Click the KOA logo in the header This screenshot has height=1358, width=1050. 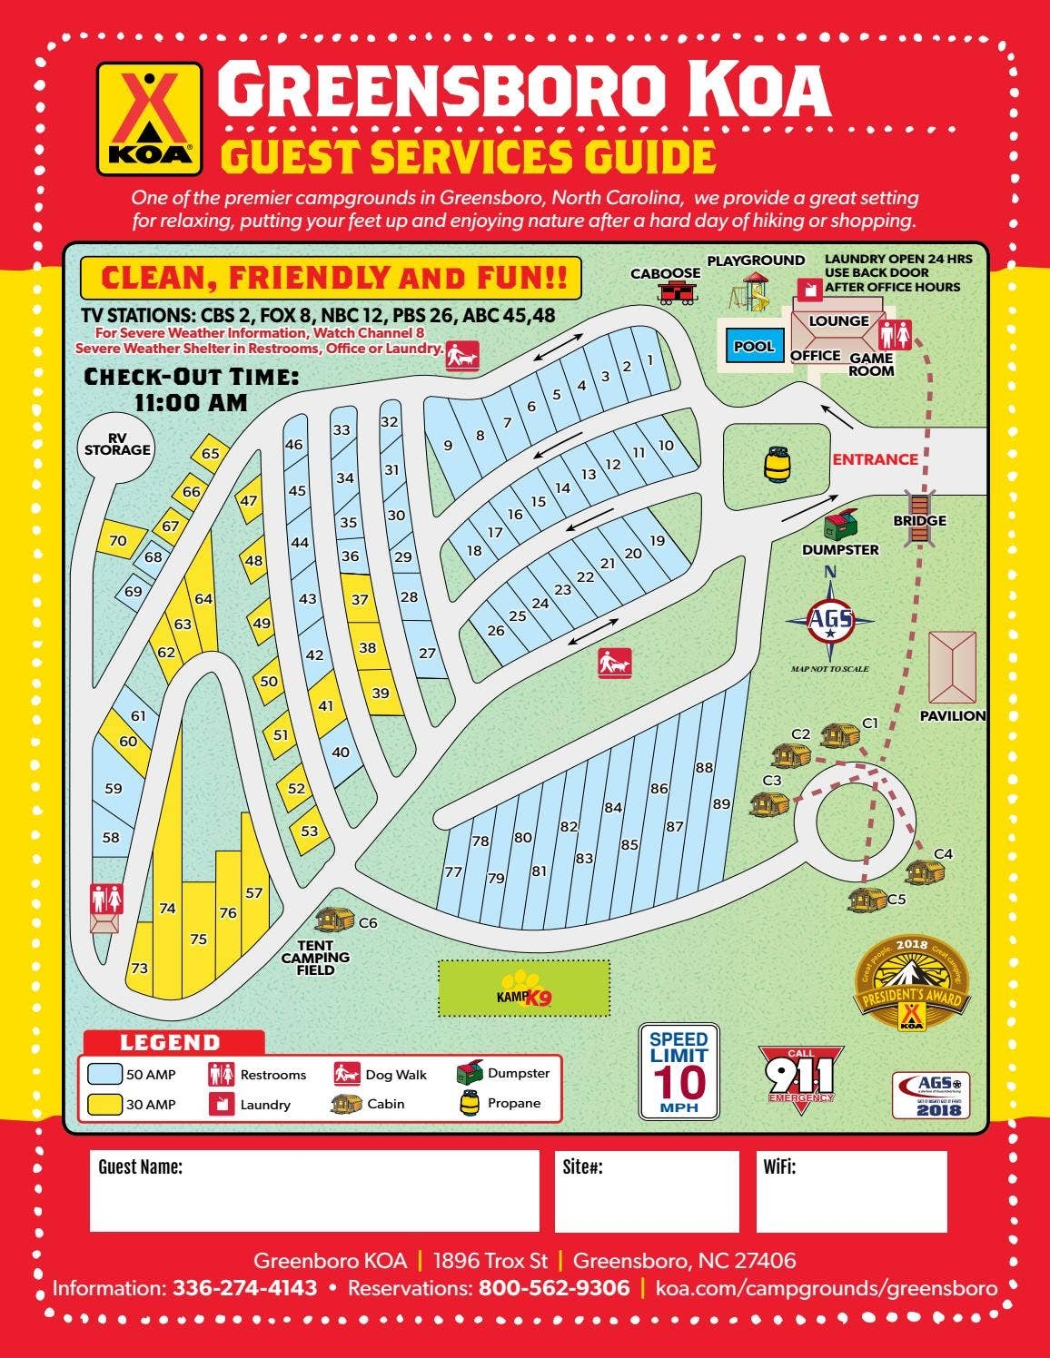(x=149, y=118)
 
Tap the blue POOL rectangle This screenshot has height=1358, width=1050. (x=754, y=346)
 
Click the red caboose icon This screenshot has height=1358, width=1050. (x=673, y=291)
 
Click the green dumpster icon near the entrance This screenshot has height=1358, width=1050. (x=841, y=525)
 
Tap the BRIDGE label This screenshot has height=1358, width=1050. (x=919, y=521)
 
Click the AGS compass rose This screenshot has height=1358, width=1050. (x=830, y=620)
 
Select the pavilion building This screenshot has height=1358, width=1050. (x=952, y=666)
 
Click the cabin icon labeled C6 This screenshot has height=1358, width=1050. (x=334, y=920)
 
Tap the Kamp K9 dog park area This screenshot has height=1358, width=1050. (x=524, y=989)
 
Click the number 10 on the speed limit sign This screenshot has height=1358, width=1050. (x=679, y=1082)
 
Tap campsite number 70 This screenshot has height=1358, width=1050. (x=118, y=541)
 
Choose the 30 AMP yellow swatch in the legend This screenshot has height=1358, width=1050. (x=105, y=1104)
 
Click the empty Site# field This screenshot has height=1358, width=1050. (x=647, y=1191)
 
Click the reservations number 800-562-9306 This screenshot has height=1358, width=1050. (x=554, y=1288)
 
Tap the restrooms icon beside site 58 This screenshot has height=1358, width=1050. (x=106, y=900)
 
